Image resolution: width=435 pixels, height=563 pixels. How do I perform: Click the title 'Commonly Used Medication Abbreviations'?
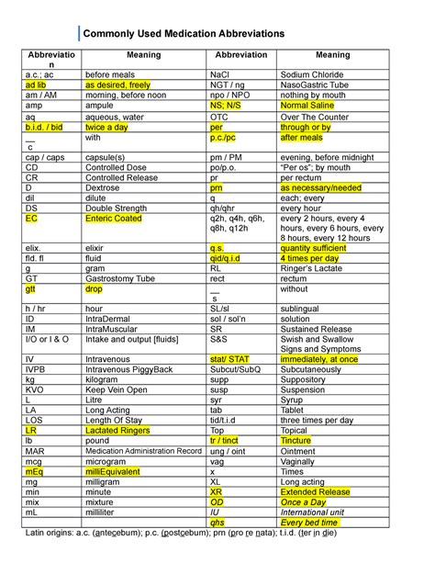point(184,35)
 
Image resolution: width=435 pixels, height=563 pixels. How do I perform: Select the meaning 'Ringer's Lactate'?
point(313,269)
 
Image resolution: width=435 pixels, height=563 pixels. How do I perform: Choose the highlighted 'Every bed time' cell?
point(311,524)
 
